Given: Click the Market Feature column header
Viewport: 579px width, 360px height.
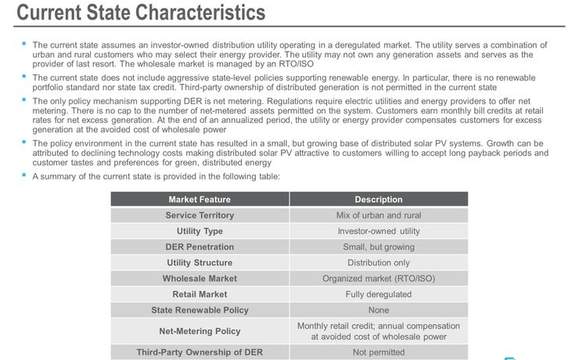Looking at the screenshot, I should [200, 200].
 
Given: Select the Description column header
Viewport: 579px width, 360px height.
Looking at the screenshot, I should [379, 200].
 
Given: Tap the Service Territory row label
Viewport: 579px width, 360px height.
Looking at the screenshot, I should [200, 215].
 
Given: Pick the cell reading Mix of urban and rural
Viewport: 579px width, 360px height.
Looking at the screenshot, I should [379, 215].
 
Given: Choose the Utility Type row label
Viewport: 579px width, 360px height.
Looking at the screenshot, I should [200, 231].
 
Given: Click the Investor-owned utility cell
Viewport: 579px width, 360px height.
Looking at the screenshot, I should [379, 231].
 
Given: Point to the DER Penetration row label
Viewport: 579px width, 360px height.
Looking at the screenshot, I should [200, 247].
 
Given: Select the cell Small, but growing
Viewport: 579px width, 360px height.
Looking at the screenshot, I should [379, 247].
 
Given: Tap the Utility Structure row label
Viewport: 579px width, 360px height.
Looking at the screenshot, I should [200, 262].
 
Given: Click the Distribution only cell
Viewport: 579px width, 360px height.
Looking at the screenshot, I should [379, 262].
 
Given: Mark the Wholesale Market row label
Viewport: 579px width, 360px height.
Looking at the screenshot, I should [200, 278].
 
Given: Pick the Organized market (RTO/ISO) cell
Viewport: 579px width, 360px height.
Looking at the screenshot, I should [379, 278].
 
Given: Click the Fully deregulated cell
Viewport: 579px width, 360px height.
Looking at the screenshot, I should [379, 294].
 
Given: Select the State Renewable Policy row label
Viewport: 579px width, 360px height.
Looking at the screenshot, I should [200, 310].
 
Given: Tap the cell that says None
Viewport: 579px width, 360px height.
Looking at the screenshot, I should [379, 310].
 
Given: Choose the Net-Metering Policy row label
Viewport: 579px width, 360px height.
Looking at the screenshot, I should [200, 331].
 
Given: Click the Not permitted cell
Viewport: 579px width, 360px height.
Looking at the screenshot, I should [379, 352].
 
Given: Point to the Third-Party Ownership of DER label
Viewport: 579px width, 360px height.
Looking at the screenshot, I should [200, 352].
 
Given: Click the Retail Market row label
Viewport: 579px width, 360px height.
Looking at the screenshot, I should [200, 294].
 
